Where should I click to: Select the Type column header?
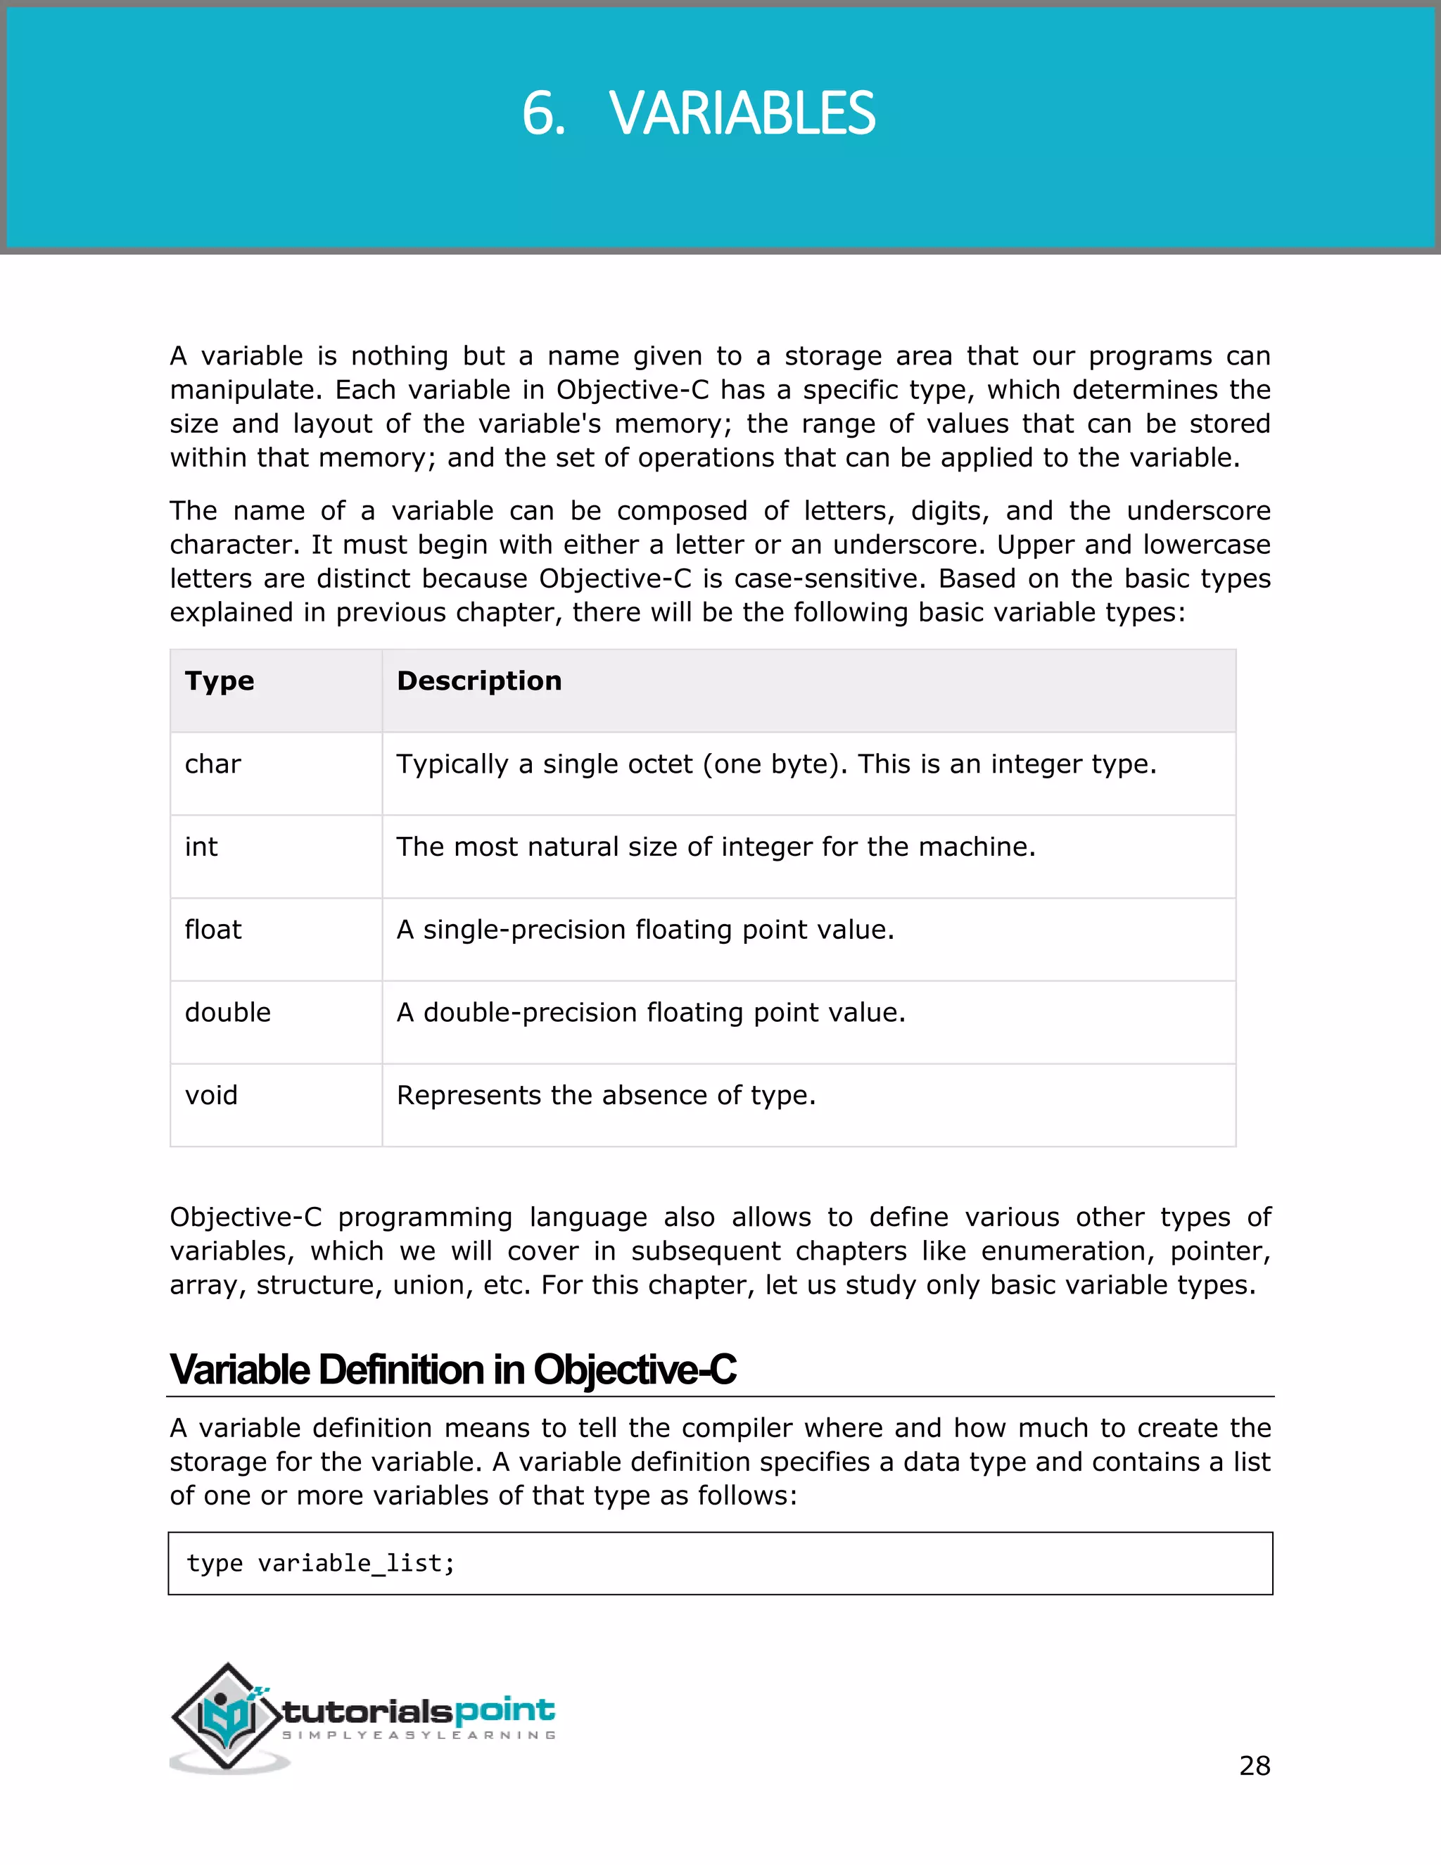220,681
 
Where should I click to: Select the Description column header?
479,681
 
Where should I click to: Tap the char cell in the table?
212,764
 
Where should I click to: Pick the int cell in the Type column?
201,847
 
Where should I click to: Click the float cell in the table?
212,930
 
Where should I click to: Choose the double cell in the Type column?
227,1013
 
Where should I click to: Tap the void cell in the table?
211,1096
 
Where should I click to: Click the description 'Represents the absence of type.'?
606,1096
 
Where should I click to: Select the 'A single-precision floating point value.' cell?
645,930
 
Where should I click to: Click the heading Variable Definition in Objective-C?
452,1370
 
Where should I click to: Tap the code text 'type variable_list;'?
321,1564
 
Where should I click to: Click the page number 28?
1254,1765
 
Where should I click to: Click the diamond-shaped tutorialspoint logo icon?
227,1717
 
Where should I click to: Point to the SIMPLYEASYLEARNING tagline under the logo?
419,1736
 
